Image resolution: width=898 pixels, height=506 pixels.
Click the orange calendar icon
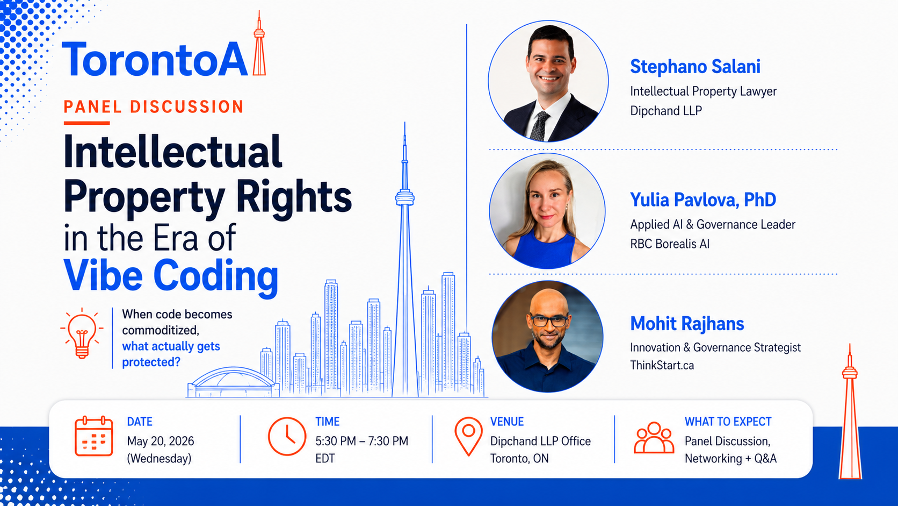coord(93,436)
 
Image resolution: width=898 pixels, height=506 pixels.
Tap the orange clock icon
coord(287,436)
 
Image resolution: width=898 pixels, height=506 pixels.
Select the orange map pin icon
coord(468,436)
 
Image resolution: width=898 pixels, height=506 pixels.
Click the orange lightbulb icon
coord(82,333)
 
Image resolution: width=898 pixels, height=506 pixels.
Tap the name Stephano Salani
coord(695,67)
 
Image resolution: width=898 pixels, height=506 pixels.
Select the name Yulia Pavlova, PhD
coord(703,200)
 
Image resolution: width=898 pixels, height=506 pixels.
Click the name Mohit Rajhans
coord(687,323)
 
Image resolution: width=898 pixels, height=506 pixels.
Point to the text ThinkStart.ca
coord(662,365)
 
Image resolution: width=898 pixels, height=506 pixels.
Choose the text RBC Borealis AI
coord(670,244)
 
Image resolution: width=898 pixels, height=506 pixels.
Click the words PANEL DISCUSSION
coord(154,106)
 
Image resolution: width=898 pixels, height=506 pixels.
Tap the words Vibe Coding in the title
coord(171,276)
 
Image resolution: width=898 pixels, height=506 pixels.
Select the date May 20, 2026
coord(161,441)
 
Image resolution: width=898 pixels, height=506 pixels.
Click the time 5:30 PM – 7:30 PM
coord(361,441)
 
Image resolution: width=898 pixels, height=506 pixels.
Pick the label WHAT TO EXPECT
coord(728,422)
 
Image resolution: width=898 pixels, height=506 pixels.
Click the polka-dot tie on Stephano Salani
coord(540,126)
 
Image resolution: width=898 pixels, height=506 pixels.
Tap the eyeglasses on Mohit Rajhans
coord(548,320)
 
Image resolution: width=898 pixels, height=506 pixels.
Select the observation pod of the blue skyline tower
coord(405,197)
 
